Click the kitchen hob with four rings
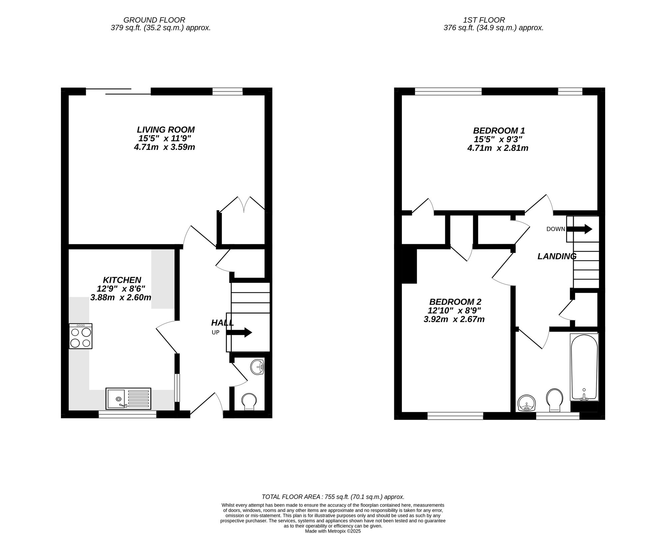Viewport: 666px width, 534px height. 81,336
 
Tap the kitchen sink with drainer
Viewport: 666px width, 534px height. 128,398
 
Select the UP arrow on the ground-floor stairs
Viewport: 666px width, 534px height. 239,332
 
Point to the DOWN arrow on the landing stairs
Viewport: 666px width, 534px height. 579,229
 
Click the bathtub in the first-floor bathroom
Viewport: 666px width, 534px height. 584,367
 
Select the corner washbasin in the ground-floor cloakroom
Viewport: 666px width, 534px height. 257,367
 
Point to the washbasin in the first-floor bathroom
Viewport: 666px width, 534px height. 526,403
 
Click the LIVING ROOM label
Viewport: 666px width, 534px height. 166,130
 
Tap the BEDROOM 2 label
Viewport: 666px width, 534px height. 455,302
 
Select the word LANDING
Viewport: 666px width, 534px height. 557,256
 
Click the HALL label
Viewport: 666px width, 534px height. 222,322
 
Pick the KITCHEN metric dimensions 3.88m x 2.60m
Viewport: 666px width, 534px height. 121,297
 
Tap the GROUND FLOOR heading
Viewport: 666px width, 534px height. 154,20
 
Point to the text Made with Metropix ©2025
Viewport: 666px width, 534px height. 333,531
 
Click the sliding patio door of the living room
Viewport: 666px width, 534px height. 118,91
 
